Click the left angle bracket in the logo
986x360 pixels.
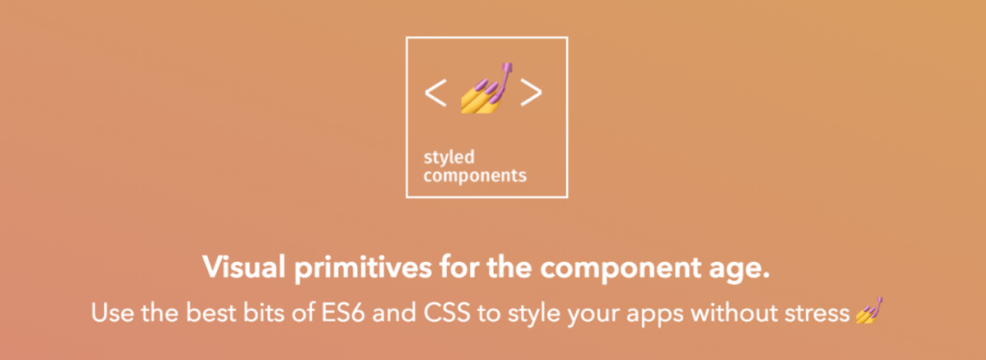click(435, 93)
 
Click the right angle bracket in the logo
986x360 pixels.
click(532, 93)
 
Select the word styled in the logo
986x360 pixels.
click(449, 158)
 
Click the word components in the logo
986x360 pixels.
click(475, 175)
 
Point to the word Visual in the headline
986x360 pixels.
click(242, 269)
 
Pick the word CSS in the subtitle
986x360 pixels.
click(448, 312)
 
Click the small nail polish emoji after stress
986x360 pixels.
click(869, 310)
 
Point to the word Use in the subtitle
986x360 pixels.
click(112, 312)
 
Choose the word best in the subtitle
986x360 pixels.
click(205, 312)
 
